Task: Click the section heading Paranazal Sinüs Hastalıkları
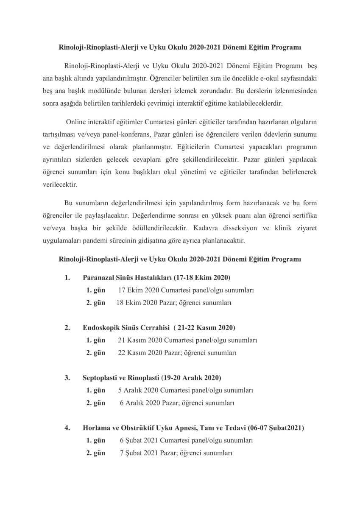(x=127, y=278)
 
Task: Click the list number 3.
(x=67, y=378)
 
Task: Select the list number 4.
(x=67, y=428)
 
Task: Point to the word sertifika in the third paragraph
(x=304, y=215)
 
